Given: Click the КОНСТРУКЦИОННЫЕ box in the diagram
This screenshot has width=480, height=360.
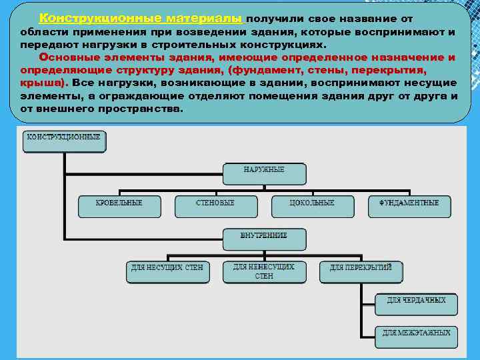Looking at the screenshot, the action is [x=64, y=141].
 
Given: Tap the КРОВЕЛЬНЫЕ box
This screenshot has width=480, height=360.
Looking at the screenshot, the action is [x=119, y=206].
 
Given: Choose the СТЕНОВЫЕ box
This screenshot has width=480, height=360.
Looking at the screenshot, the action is [x=215, y=206].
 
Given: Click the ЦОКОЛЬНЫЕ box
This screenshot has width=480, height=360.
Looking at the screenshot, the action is [x=312, y=206].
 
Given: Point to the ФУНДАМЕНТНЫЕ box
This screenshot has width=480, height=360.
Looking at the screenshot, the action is [x=409, y=206].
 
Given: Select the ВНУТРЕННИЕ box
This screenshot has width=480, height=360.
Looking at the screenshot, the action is [x=264, y=239].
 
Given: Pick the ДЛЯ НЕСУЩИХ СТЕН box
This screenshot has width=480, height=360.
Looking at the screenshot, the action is [x=167, y=271].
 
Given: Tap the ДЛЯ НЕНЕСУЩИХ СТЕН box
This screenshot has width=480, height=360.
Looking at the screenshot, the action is [x=264, y=271].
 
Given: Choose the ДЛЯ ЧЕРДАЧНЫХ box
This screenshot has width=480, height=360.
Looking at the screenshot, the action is [x=416, y=303].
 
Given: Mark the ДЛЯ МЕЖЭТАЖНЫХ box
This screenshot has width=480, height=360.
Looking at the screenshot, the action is [x=416, y=336].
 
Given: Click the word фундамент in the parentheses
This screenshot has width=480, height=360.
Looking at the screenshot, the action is [x=257, y=70].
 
